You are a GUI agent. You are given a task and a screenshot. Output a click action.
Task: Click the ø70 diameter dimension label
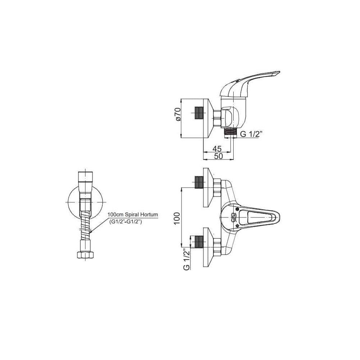coord(179,114)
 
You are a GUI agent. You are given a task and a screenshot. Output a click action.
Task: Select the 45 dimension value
coord(217,149)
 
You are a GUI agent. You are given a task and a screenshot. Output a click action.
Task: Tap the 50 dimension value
coord(219,156)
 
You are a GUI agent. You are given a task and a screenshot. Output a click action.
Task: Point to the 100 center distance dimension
coord(177,219)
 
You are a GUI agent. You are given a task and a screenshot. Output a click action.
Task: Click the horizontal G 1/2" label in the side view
coord(250,134)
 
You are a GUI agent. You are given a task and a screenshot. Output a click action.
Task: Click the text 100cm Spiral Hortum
coord(133,215)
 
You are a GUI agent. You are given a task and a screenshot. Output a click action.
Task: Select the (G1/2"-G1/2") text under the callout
coord(125,221)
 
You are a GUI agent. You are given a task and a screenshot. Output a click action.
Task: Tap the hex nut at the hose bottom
coord(85,255)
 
